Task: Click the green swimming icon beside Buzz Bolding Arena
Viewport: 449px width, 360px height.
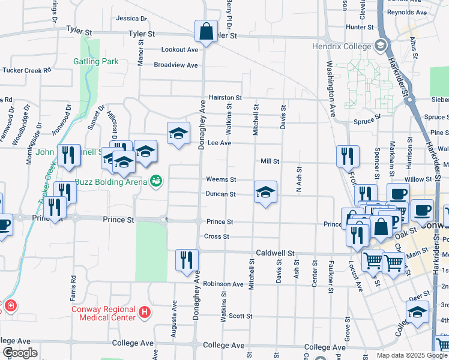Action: (156, 180)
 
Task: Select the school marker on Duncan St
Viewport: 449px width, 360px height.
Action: (265, 192)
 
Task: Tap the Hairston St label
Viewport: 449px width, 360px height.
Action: (225, 97)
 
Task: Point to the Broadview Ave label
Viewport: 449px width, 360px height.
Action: (176, 65)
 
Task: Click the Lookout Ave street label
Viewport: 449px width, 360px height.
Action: (179, 50)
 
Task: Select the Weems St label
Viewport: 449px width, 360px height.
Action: (221, 179)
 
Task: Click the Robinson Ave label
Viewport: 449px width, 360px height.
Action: (223, 284)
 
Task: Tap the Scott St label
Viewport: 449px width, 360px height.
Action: (240, 316)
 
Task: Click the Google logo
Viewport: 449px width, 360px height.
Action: (20, 353)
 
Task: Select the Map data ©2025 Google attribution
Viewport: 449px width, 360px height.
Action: (412, 355)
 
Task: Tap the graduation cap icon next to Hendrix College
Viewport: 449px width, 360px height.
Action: (380, 46)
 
